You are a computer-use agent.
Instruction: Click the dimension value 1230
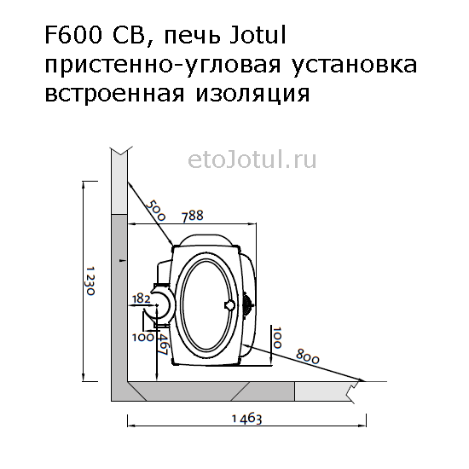90,281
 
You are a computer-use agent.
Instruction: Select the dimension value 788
193,216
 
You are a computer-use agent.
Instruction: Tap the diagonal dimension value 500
156,210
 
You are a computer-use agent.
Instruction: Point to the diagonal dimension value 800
307,356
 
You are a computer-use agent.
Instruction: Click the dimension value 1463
247,419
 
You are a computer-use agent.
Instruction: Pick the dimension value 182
141,298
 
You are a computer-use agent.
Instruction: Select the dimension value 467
163,345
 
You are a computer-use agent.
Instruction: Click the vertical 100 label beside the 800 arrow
277,338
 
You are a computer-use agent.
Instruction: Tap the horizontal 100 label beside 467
143,337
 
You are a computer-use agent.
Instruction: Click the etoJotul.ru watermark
252,160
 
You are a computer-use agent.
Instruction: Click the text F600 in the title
73,35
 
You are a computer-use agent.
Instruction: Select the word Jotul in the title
258,35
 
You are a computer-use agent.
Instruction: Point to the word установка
354,64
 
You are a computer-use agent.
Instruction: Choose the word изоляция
252,94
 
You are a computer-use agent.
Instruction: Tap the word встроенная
114,94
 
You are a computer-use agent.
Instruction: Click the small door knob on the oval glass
229,305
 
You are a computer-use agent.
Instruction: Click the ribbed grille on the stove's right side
248,304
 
